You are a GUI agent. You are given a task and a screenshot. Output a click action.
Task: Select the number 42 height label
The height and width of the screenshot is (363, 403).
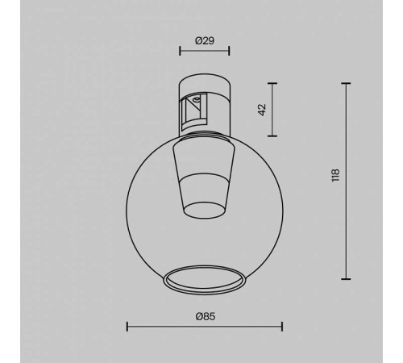262,110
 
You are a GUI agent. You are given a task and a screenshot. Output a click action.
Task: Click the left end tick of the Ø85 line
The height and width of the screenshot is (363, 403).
128,326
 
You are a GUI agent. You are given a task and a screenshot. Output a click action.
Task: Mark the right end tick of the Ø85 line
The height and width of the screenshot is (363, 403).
282,326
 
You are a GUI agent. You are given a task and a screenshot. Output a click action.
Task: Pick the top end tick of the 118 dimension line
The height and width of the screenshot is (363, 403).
347,82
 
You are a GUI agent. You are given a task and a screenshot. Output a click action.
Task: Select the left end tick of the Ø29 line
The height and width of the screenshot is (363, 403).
179,52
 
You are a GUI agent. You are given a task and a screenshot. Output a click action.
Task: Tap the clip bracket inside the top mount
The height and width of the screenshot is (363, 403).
193,111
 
